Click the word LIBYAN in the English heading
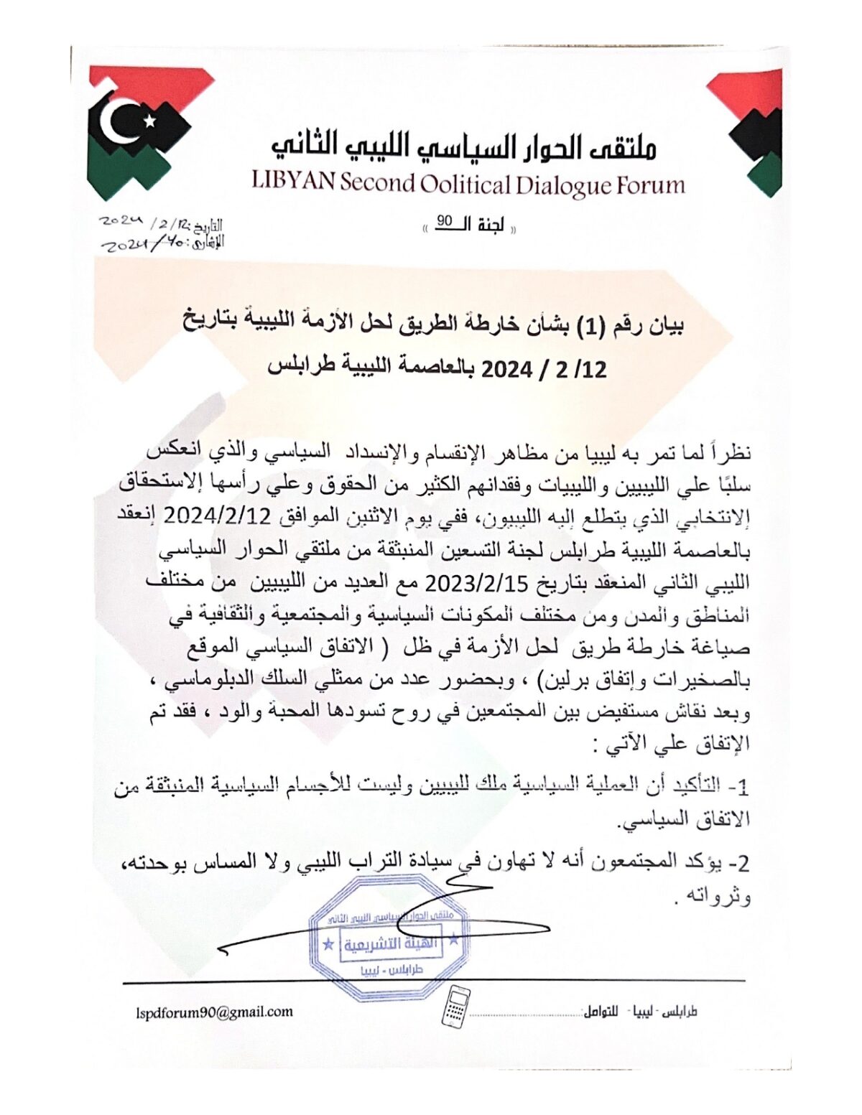293,180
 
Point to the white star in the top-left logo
149,121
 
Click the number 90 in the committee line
445,222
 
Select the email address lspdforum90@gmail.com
214,1012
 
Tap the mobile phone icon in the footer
456,1005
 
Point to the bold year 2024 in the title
506,370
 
